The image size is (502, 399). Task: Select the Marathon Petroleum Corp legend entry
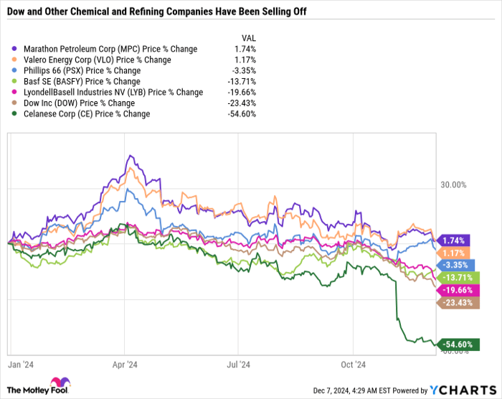(x=115, y=49)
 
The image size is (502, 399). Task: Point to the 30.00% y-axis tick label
(x=453, y=184)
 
